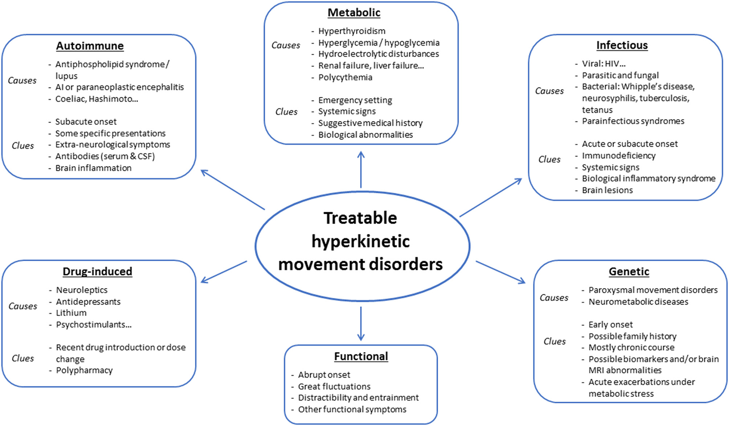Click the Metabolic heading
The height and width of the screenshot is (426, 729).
pos(354,13)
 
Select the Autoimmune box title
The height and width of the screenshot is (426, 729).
pos(90,46)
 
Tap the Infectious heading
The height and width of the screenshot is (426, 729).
pos(622,45)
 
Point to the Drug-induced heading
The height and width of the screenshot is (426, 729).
pos(98,271)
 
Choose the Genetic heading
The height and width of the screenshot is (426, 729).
pos(629,271)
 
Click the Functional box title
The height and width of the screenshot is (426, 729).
pos(361,356)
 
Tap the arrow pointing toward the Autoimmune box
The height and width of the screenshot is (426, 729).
pos(232,190)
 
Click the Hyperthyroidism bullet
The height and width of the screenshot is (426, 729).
pos(352,31)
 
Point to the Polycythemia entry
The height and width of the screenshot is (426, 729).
pos(345,77)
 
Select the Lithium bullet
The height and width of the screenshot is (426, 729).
pos(71,313)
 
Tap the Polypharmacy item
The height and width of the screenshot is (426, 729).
pos(84,370)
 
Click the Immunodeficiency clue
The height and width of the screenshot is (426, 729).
pos(618,156)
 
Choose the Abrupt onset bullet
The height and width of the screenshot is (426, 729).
pos(324,375)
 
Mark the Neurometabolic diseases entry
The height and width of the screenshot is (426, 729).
pos(638,302)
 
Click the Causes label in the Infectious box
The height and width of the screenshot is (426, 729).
pos(549,91)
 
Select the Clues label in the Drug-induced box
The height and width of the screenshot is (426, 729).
pos(23,359)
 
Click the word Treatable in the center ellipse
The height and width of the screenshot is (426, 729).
pos(360,218)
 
